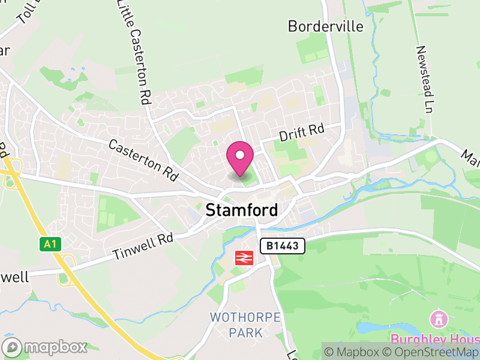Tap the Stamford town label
click(x=242, y=211)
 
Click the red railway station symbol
click(x=242, y=258)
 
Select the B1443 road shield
click(x=283, y=245)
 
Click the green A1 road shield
click(x=48, y=244)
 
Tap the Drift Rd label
click(x=301, y=133)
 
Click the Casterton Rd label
click(x=143, y=161)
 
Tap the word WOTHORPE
click(x=238, y=317)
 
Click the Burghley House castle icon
click(x=437, y=318)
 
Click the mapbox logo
click(x=44, y=347)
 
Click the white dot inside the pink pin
click(x=240, y=155)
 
